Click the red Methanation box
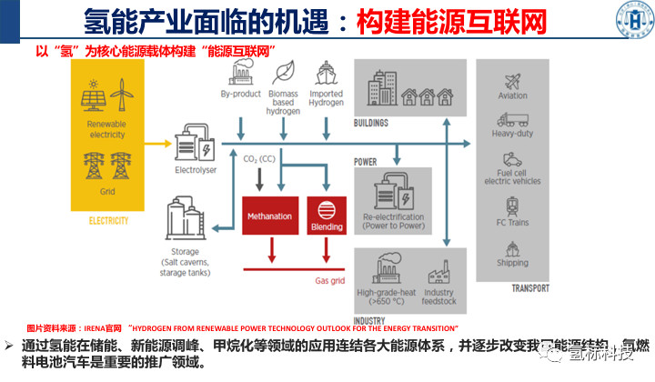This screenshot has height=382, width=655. pos(269,216)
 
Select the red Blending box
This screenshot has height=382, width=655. pos(327,216)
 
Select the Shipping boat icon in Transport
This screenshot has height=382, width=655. pos(513,246)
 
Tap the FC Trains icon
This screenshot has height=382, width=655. pos(513,204)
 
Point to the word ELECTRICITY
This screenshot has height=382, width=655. pos(108,221)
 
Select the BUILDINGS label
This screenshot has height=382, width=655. pos(370,123)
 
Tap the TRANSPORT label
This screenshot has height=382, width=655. pos(530,288)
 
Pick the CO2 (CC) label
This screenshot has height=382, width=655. pos(259,159)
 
